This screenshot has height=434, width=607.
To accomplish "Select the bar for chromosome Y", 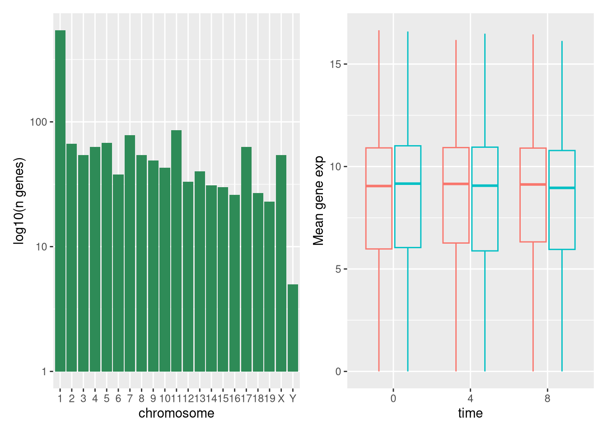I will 293,328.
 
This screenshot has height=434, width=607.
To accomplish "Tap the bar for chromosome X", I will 281,262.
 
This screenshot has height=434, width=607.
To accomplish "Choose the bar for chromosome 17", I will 246,258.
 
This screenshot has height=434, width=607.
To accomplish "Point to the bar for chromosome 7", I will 130,253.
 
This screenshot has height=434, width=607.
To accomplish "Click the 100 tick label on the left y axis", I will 38,122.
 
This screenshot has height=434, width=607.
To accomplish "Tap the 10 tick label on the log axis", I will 41,247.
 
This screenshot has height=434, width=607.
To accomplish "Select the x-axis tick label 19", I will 270,399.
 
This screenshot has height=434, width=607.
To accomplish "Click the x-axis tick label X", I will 281,399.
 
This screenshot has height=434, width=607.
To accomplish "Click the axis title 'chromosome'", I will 176,413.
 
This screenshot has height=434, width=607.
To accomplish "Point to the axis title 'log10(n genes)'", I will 19,201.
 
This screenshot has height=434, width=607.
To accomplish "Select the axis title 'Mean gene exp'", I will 319,201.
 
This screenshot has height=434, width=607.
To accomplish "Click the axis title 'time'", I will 470,413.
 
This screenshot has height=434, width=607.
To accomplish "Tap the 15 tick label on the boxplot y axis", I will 335,64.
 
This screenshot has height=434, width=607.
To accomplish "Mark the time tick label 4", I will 470,399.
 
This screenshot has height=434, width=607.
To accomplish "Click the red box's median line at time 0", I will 378,186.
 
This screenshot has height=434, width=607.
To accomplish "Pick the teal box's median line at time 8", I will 562,188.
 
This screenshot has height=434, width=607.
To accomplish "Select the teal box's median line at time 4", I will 485,185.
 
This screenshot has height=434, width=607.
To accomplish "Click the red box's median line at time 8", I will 533,184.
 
